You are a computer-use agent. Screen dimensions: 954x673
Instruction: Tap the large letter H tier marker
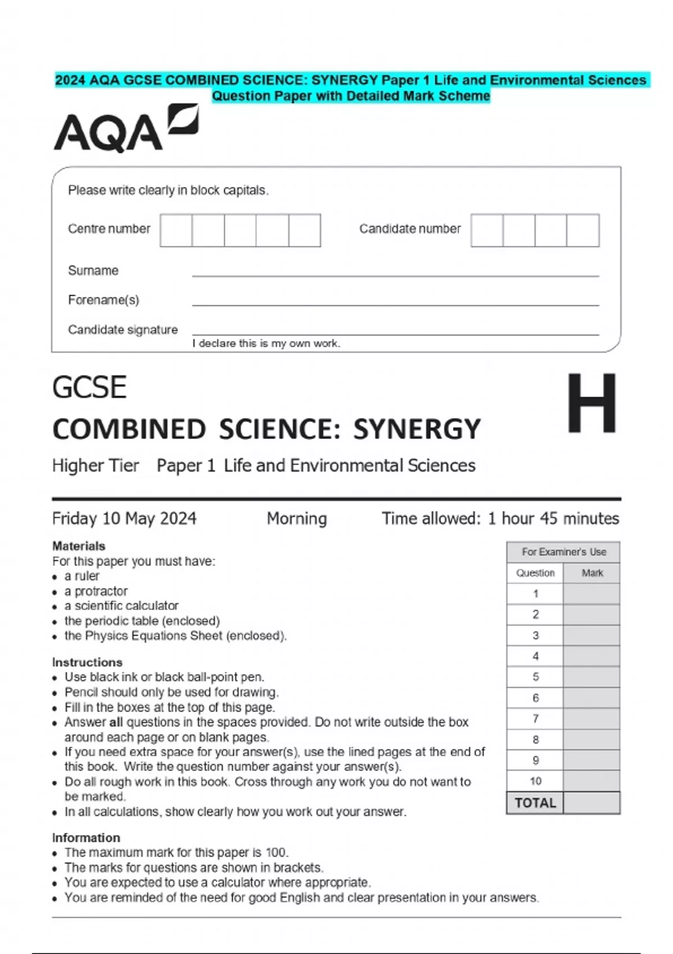[x=592, y=403]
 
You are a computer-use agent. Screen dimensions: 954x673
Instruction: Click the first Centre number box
[x=176, y=230]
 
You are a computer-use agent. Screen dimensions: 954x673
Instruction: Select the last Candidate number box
[x=583, y=230]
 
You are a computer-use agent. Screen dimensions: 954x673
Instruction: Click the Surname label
[x=93, y=270]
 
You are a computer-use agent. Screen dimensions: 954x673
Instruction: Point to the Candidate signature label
[x=123, y=329]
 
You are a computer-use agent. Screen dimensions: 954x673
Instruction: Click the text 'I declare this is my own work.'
[x=266, y=343]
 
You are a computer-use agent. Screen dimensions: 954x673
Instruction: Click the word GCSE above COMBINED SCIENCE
[x=89, y=387]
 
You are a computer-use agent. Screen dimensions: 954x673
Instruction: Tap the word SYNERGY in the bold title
[x=417, y=429]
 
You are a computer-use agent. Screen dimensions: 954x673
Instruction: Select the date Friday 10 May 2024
[x=124, y=518]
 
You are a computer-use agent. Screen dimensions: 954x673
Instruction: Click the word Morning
[x=297, y=518]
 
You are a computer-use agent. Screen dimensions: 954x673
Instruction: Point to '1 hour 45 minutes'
[x=553, y=518]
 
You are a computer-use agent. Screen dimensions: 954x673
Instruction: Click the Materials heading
[x=79, y=546]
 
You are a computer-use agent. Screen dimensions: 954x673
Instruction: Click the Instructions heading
[x=87, y=662]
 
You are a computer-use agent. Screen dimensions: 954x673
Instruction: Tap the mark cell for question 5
[x=592, y=677]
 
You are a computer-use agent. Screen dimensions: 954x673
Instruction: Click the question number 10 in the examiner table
[x=535, y=781]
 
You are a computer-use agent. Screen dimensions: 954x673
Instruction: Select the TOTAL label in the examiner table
[x=535, y=803]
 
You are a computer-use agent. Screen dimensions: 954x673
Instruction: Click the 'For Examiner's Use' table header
[x=564, y=552]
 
